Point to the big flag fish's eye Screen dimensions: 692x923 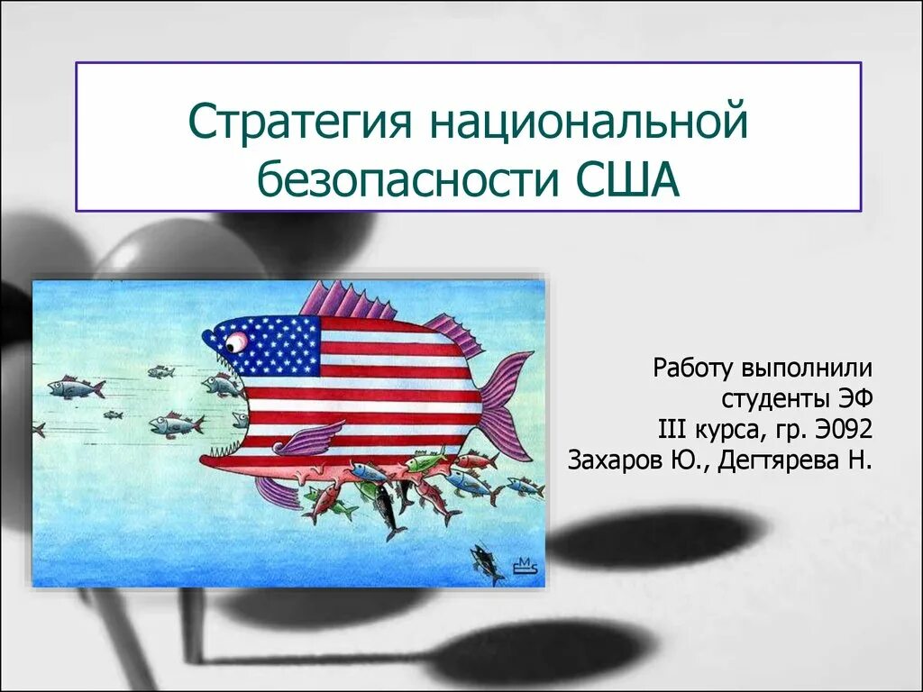point(236,342)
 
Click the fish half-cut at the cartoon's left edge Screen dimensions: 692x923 point(38,429)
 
